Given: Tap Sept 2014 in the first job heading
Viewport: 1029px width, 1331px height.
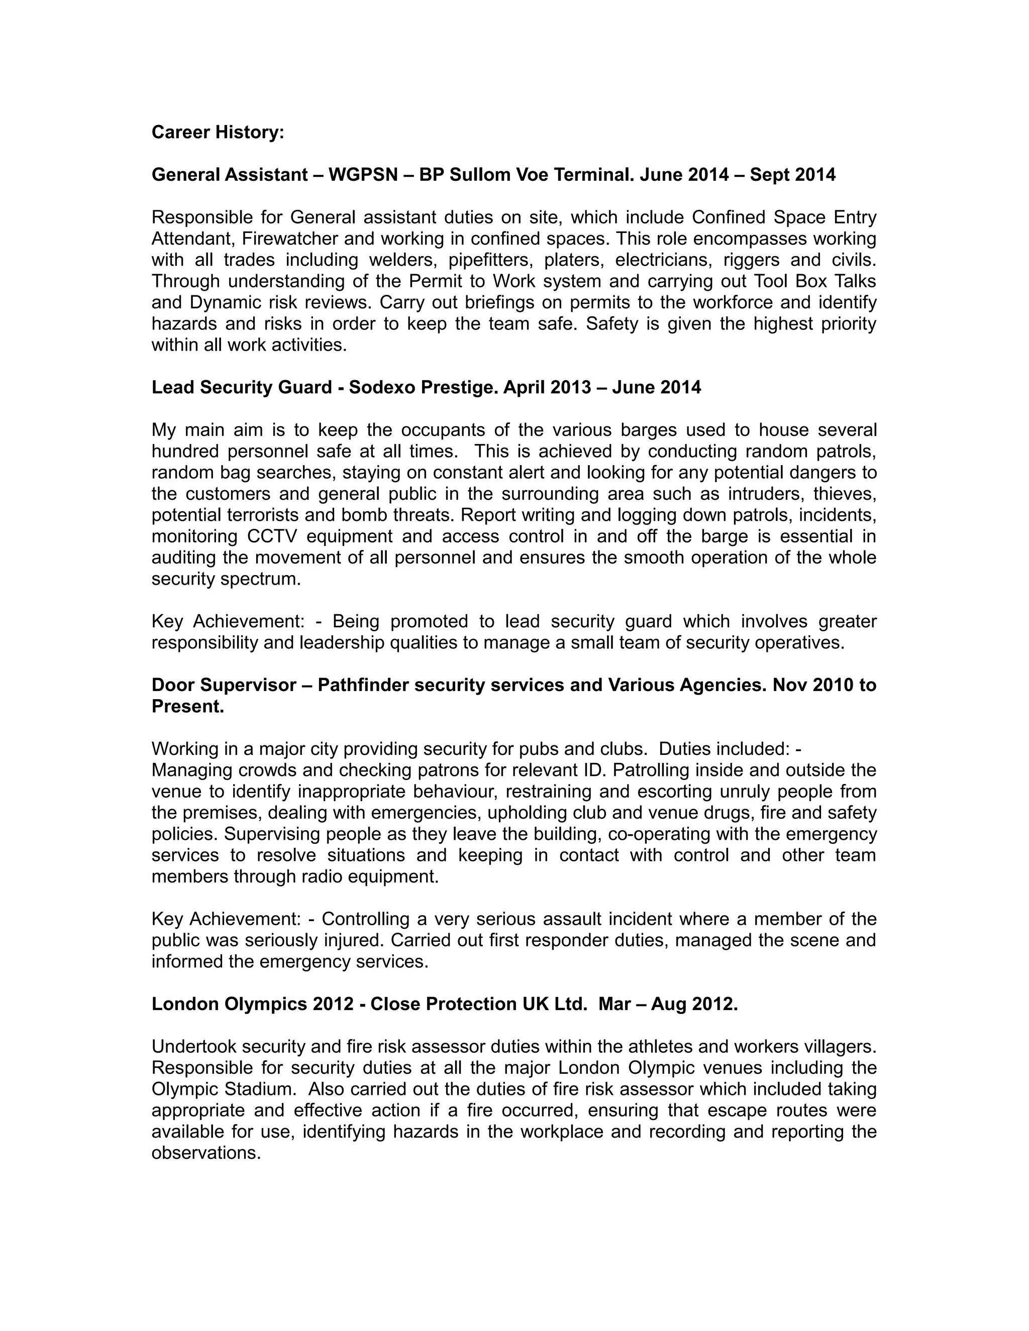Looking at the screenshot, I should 792,175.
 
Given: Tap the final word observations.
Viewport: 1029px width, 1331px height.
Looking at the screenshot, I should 206,1153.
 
